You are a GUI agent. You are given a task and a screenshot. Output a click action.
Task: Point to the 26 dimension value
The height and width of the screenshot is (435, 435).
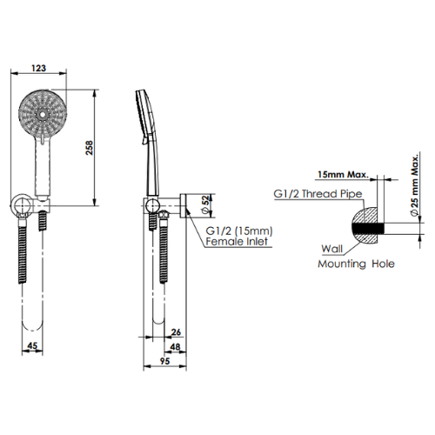(x=176, y=331)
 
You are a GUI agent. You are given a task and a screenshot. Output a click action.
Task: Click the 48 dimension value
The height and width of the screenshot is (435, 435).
(x=174, y=346)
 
